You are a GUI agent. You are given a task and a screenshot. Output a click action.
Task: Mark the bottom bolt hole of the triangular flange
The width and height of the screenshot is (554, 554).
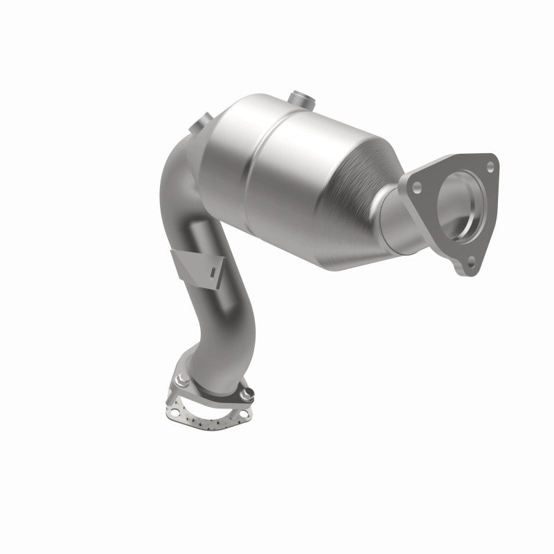tap(472, 262)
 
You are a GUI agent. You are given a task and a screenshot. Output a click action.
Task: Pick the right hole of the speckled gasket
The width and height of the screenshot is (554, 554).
tap(240, 413)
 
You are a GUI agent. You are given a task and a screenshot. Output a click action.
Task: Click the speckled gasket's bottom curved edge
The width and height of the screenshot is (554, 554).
tap(201, 423)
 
